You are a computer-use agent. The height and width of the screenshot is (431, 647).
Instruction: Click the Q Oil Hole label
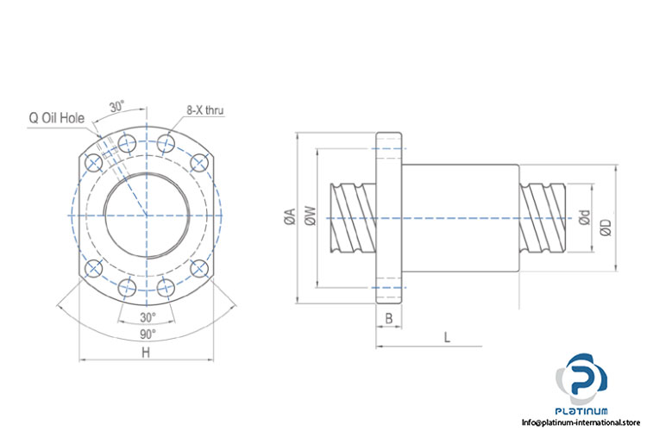coord(58,118)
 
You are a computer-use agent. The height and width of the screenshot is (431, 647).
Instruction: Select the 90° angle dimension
coord(148,333)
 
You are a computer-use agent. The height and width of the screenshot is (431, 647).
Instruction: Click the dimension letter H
coord(146,353)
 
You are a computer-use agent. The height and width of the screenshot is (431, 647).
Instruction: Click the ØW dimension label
coord(311,218)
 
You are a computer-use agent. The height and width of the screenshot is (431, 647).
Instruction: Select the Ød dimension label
coord(584,219)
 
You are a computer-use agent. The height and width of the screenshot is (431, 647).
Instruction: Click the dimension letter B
coord(388,318)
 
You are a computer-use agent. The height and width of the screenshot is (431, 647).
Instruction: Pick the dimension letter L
coord(447,337)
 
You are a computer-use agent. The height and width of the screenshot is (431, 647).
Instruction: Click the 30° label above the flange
coord(116,107)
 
